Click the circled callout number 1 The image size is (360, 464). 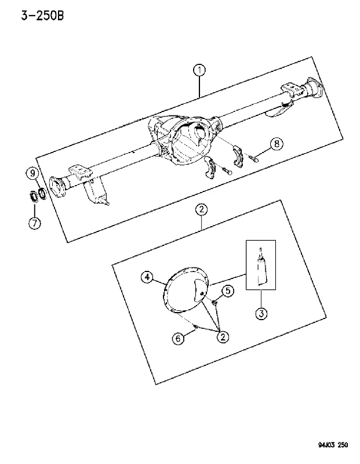199,70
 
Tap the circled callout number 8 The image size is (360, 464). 277,144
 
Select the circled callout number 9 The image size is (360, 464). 33,173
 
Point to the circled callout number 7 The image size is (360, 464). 35,223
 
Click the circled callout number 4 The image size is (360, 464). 147,277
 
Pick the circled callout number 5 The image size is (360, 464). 227,291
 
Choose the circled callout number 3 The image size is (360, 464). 261,313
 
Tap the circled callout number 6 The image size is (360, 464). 179,338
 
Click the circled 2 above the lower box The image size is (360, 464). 201,210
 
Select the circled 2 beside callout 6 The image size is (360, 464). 223,336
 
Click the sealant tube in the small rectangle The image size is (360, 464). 261,268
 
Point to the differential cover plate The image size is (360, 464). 186,290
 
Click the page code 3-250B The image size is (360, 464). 42,16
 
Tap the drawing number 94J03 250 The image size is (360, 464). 333,445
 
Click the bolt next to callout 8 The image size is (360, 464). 253,158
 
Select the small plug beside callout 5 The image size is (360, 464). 214,302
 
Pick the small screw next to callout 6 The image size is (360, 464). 195,327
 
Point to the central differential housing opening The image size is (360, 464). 192,140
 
